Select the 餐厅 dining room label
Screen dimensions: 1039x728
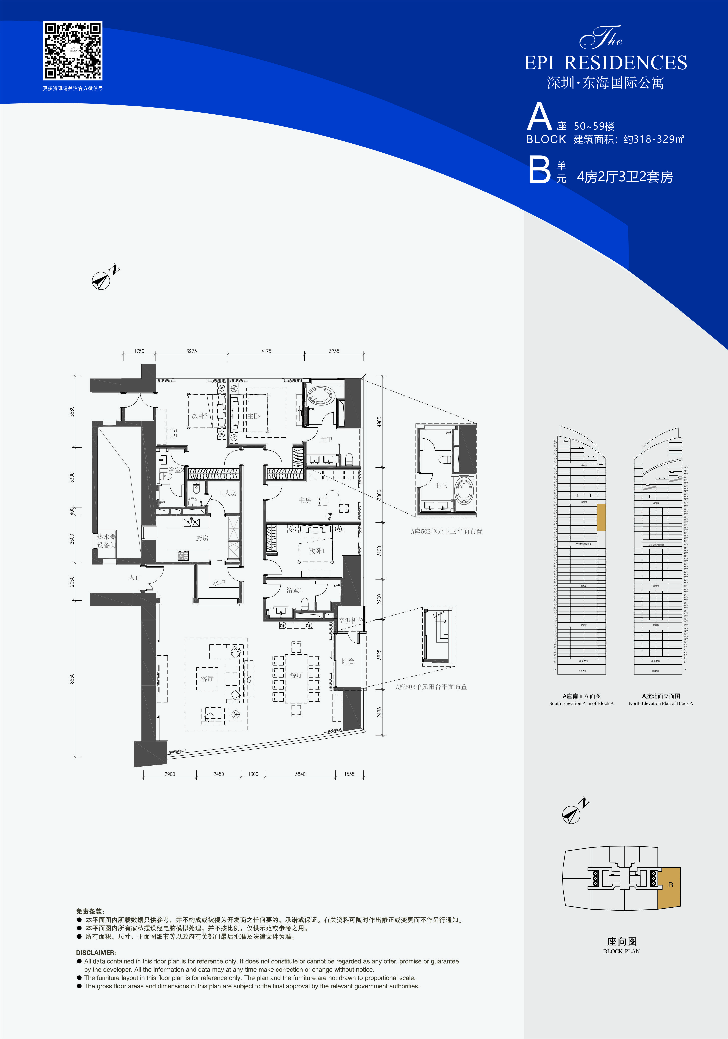[296, 675]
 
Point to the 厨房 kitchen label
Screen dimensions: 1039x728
[202, 538]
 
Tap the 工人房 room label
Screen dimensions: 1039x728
[227, 493]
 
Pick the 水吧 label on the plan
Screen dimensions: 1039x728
[219, 583]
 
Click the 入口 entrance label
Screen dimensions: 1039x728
[135, 578]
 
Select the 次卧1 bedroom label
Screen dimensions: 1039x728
[317, 551]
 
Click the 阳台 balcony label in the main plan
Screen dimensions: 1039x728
[348, 661]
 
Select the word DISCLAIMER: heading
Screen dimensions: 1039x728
[96, 953]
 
